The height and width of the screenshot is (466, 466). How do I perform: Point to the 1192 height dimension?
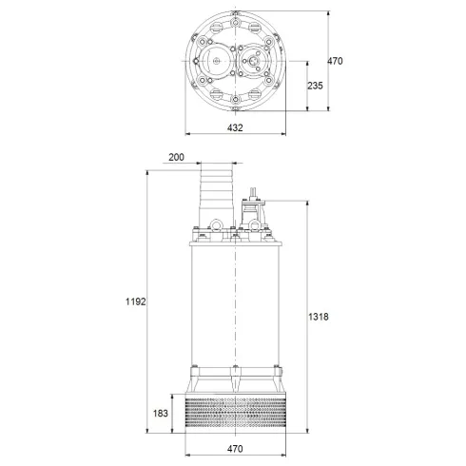point(134,301)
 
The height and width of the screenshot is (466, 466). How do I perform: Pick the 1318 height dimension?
point(320,317)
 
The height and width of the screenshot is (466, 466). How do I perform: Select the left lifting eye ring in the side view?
point(216,226)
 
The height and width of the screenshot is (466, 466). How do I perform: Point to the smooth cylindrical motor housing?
point(235,304)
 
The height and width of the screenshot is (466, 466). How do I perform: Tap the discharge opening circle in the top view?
point(217,63)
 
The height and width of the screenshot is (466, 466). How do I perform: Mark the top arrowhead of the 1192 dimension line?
point(147,174)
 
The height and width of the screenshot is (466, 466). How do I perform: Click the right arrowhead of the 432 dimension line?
point(284,134)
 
